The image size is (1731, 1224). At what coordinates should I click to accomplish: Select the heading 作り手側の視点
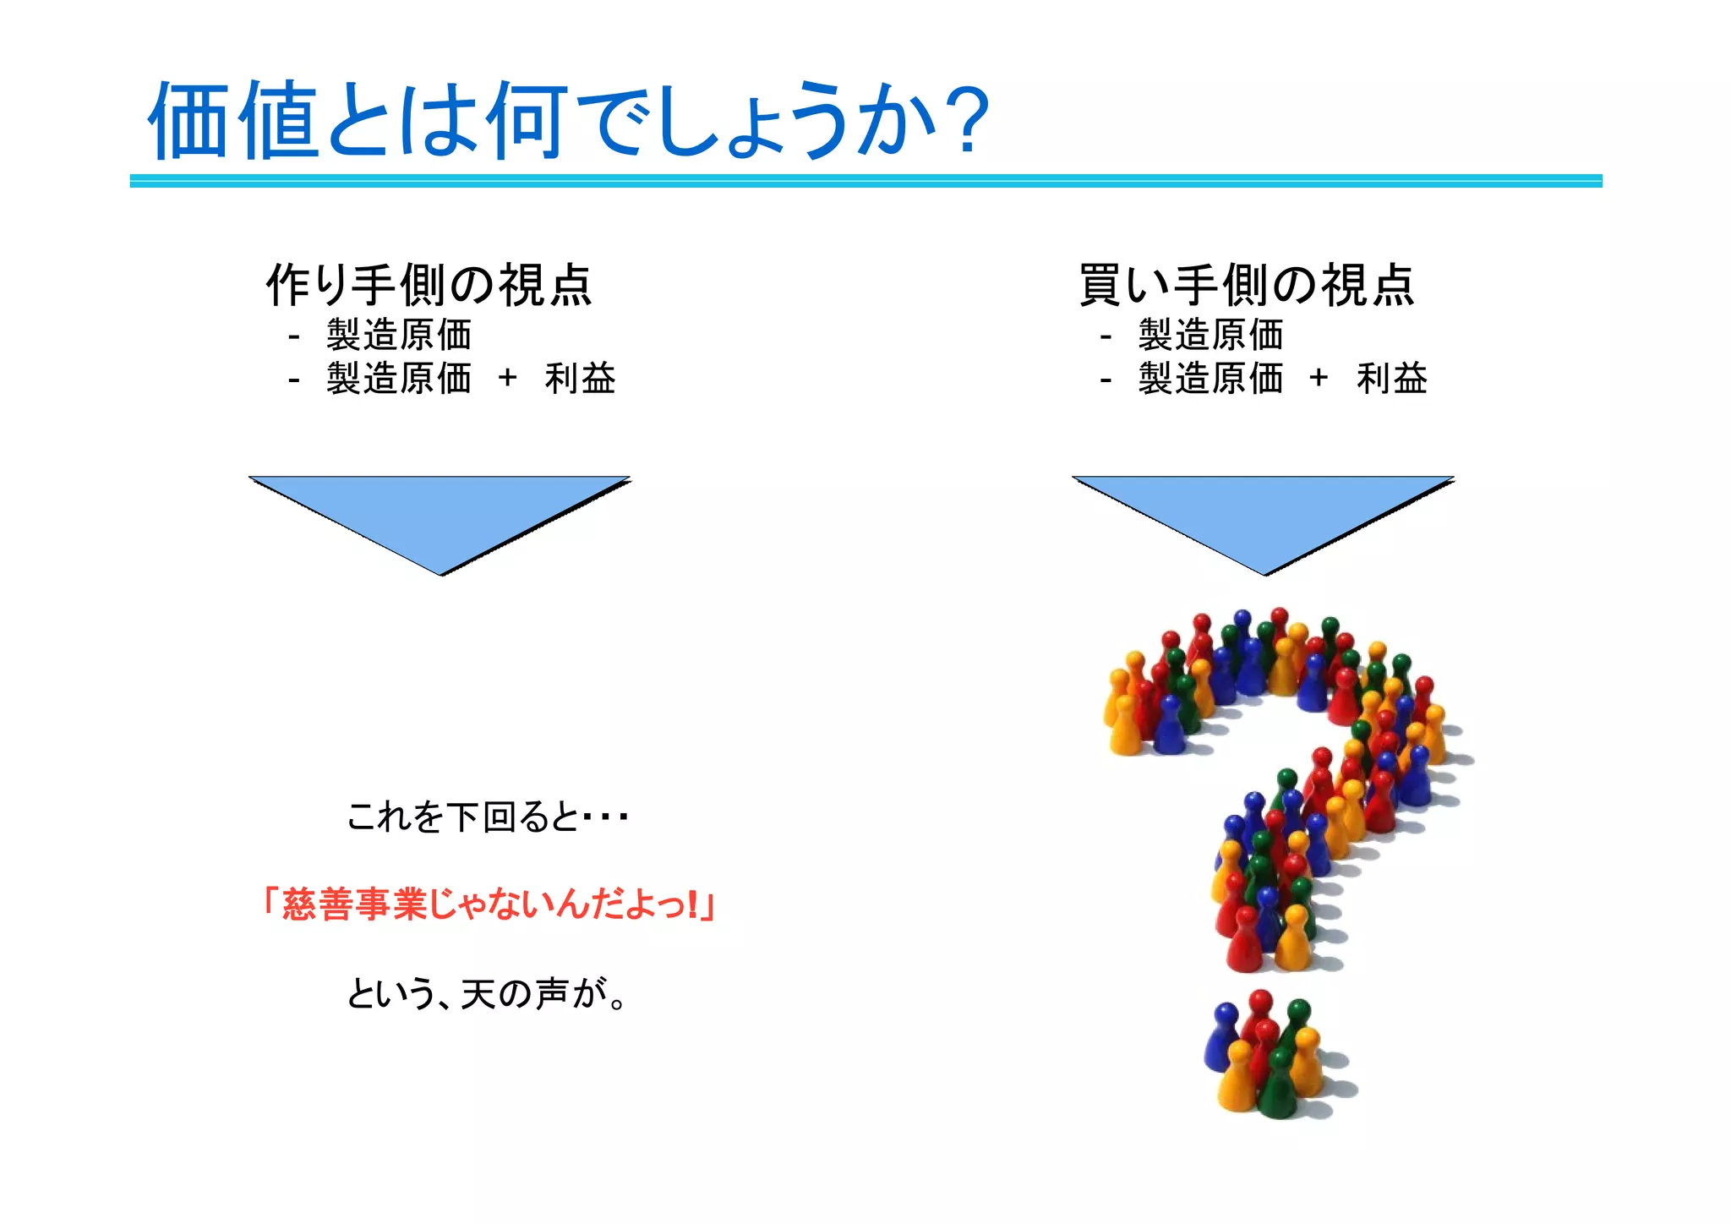pyautogui.click(x=429, y=285)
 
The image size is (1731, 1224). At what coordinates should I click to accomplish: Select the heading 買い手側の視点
pyautogui.click(x=1247, y=285)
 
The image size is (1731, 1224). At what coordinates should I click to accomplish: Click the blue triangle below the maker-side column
pyautogui.click(x=440, y=516)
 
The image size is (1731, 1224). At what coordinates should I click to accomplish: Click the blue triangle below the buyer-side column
pyautogui.click(x=1264, y=516)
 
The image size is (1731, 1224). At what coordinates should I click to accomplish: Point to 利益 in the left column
pyautogui.click(x=580, y=378)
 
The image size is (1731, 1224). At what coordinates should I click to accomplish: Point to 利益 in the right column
pyautogui.click(x=1391, y=378)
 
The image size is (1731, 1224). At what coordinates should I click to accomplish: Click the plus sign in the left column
pyautogui.click(x=507, y=378)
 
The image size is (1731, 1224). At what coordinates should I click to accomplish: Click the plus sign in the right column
pyautogui.click(x=1318, y=378)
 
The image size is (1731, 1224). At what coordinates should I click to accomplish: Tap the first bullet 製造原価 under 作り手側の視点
pyautogui.click(x=399, y=335)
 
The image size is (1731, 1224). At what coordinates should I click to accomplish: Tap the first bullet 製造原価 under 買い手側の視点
pyautogui.click(x=1210, y=335)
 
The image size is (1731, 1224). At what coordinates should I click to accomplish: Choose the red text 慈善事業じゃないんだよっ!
pyautogui.click(x=489, y=904)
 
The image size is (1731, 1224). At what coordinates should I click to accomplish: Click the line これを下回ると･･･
pyautogui.click(x=487, y=817)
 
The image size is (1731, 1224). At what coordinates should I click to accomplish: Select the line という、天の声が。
pyautogui.click(x=487, y=993)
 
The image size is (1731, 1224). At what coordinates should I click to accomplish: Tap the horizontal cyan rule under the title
pyautogui.click(x=865, y=180)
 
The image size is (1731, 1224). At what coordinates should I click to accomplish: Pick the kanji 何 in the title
pyautogui.click(x=527, y=120)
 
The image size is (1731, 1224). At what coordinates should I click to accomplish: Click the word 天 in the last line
pyautogui.click(x=478, y=993)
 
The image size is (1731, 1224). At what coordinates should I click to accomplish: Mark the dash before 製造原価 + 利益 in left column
pyautogui.click(x=293, y=380)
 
